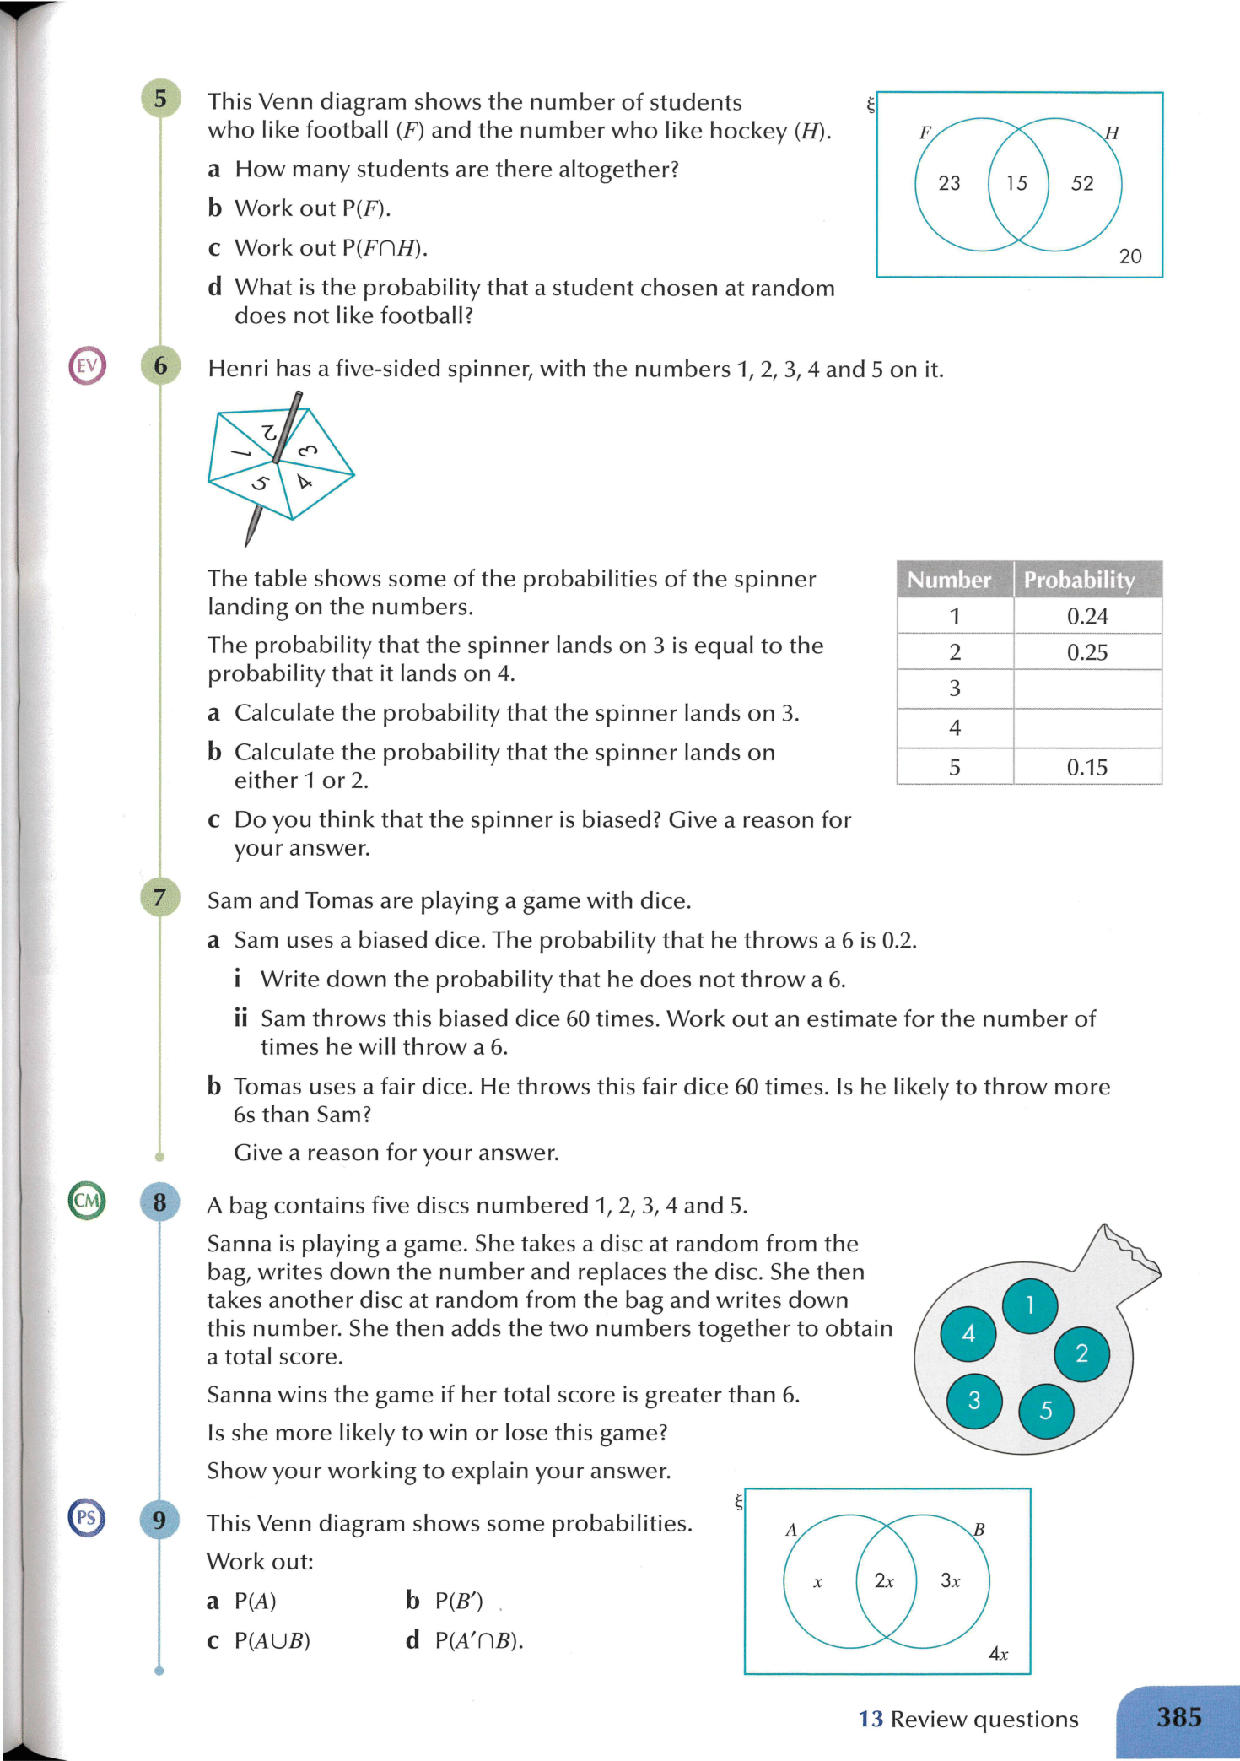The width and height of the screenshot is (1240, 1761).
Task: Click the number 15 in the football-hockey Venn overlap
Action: pos(1017,183)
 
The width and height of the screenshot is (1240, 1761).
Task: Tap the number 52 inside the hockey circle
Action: pos(1082,183)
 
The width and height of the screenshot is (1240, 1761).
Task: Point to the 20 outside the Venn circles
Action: pos(1130,256)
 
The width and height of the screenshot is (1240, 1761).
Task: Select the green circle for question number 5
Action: pos(160,100)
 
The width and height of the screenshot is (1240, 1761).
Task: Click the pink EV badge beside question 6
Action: pos(87,366)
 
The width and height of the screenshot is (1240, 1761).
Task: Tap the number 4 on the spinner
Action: pos(305,482)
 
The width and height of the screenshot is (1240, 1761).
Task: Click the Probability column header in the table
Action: pos(1079,580)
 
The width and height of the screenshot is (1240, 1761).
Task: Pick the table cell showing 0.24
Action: pos(1087,616)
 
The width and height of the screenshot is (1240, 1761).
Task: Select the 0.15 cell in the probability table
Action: pos(1087,767)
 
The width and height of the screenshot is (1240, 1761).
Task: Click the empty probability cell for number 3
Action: pos(1087,689)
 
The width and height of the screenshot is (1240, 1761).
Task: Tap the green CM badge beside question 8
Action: pos(87,1200)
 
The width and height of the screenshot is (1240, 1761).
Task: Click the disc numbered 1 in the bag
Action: pos(1030,1305)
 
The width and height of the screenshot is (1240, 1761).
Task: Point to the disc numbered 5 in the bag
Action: pos(1046,1410)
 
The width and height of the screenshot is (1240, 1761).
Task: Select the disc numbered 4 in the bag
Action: pos(968,1333)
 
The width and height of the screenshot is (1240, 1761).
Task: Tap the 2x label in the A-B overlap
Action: pos(884,1580)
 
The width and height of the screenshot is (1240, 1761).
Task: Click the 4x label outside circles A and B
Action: pos(998,1653)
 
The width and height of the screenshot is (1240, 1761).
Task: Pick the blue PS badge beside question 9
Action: pos(86,1518)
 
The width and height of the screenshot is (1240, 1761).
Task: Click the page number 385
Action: pos(1178,1717)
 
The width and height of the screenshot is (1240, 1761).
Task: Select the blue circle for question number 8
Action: pos(159,1202)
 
